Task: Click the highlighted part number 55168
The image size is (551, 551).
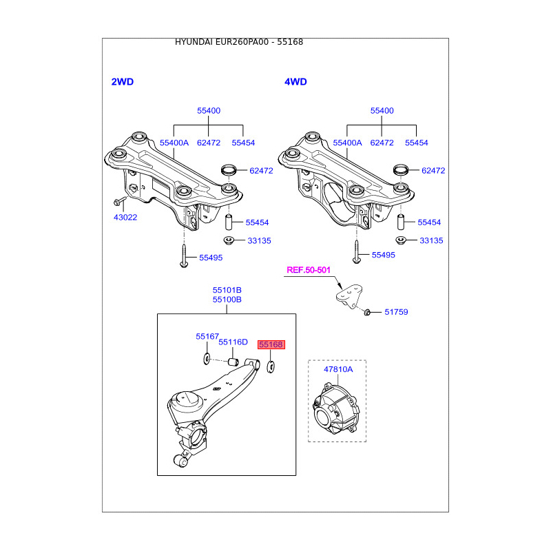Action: click(x=271, y=344)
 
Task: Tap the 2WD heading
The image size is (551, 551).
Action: click(x=122, y=82)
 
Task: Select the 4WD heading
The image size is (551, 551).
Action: click(x=295, y=82)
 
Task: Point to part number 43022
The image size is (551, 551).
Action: click(x=125, y=218)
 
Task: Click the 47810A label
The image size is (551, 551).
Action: click(x=338, y=369)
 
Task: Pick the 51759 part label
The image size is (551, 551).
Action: click(x=397, y=312)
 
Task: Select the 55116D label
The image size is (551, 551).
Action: click(x=233, y=342)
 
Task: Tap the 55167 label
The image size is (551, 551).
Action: click(x=207, y=337)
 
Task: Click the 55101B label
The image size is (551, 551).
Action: click(x=227, y=291)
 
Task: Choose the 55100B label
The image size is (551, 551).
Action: click(x=227, y=300)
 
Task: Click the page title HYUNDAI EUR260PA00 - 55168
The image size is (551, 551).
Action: click(x=239, y=42)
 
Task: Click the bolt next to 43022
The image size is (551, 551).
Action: click(x=118, y=202)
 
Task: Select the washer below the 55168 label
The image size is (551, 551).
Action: click(x=270, y=364)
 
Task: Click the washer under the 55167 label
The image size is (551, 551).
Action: click(x=207, y=358)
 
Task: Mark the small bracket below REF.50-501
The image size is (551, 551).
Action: click(x=349, y=297)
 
